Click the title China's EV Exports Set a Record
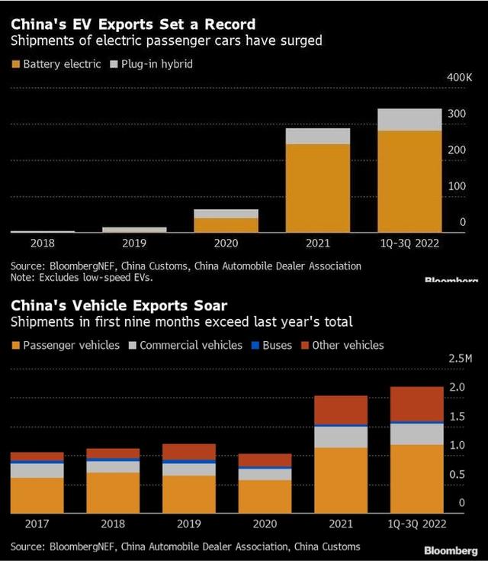(x=133, y=25)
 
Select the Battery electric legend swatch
(x=15, y=64)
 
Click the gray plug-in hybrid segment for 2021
(x=317, y=137)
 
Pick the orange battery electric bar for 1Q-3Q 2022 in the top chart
(x=409, y=181)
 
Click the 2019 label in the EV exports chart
(x=134, y=243)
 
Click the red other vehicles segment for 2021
(x=341, y=410)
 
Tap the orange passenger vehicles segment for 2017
(x=37, y=495)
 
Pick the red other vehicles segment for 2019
(x=188, y=452)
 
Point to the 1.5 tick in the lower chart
(x=456, y=416)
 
